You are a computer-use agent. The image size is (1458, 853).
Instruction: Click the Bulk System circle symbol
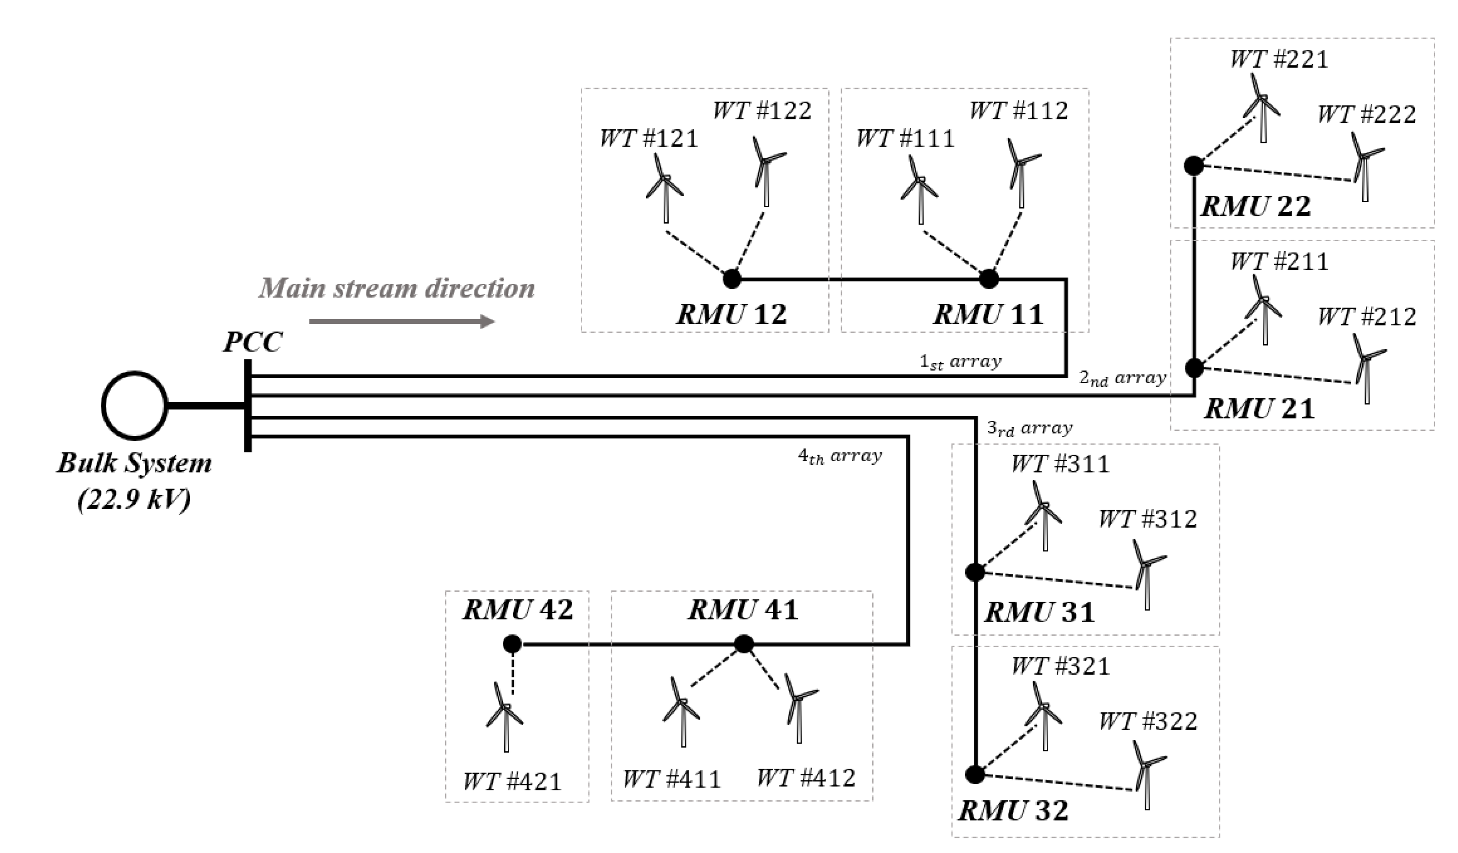point(135,406)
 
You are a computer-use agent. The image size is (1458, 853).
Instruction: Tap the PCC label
point(253,342)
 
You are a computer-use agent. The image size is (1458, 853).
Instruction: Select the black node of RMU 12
point(732,279)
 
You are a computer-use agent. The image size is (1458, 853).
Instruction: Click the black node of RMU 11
point(989,279)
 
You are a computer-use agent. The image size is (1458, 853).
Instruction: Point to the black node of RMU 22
point(1194,165)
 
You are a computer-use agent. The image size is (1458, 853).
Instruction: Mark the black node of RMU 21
point(1194,368)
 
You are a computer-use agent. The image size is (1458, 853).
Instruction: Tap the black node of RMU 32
point(975,774)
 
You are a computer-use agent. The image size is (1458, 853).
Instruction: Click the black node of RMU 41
point(744,644)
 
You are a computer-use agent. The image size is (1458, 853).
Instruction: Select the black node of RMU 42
point(512,644)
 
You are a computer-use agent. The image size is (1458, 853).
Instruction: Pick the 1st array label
point(960,362)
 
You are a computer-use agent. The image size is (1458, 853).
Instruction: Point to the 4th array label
point(840,457)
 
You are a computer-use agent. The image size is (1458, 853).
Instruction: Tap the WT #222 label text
point(1367,115)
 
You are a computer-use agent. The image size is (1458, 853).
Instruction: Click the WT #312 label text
point(1148,519)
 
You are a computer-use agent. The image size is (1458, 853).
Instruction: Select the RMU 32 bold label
point(1014,811)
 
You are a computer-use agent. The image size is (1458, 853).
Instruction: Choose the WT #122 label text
point(762,110)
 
